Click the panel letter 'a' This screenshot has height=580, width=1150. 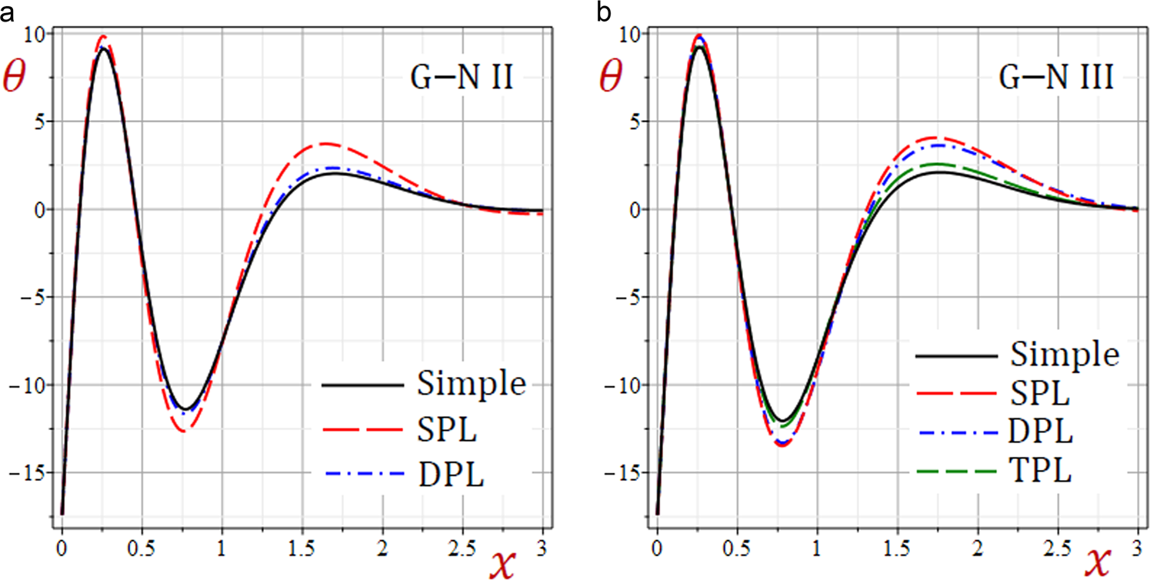(x=7, y=12)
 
